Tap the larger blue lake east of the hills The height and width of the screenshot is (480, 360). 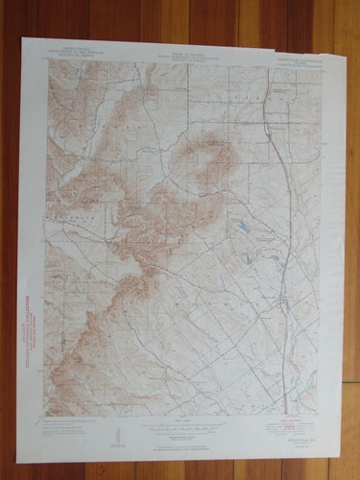point(245,228)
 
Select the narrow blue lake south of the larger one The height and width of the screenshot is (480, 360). point(248,257)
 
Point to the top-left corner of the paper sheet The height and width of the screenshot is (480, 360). point(21,38)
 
